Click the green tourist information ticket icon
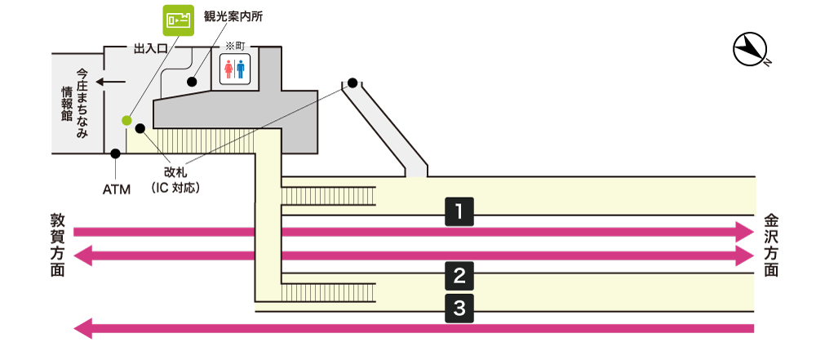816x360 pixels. [178, 20]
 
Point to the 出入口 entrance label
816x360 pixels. [150, 49]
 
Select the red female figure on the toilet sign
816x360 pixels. [229, 70]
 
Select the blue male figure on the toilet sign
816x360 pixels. [241, 70]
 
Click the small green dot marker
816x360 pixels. [126, 121]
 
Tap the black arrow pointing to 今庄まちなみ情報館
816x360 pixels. [110, 82]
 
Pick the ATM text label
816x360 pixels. [117, 190]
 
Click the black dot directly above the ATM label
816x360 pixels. [116, 153]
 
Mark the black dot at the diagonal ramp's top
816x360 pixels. [353, 82]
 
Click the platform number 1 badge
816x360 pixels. [459, 212]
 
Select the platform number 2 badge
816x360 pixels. [459, 276]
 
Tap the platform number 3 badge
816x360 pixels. [459, 308]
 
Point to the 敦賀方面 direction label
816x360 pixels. [58, 245]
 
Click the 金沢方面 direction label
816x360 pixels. [770, 245]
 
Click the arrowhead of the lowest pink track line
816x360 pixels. [82, 329]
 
